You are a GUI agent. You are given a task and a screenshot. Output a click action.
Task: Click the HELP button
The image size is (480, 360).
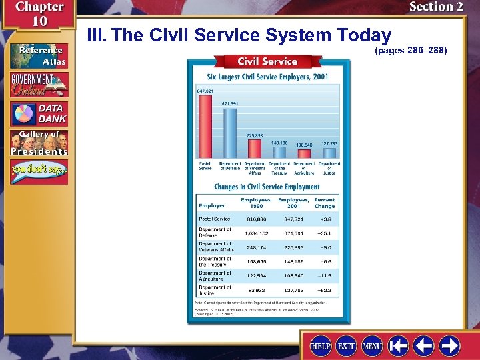tap(322, 345)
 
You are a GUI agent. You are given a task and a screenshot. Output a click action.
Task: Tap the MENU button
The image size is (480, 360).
tap(372, 345)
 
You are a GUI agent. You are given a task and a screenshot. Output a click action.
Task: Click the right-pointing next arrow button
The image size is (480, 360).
tap(449, 345)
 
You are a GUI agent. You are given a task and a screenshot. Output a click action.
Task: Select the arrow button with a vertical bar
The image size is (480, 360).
tap(399, 345)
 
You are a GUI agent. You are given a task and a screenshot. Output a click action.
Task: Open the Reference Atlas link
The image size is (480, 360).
tap(39, 56)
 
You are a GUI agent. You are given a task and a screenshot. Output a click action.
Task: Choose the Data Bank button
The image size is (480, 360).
tap(39, 113)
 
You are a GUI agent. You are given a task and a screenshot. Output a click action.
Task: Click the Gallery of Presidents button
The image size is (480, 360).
tap(39, 143)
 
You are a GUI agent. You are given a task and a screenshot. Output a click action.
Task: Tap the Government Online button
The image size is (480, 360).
tap(39, 85)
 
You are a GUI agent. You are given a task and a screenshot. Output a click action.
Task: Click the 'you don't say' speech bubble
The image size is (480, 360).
tap(39, 172)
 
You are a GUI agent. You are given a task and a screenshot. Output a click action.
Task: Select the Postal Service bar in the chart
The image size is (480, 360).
tap(205, 127)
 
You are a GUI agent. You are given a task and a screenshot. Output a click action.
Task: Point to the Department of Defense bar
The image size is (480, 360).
tap(229, 133)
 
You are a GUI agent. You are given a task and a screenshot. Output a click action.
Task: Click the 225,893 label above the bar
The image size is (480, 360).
tap(254, 135)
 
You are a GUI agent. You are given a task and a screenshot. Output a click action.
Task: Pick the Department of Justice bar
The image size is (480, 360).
tap(329, 153)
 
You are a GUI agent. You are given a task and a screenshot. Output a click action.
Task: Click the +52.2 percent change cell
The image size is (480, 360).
tap(325, 291)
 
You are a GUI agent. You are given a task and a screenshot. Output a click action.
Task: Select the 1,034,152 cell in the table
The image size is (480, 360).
tap(256, 233)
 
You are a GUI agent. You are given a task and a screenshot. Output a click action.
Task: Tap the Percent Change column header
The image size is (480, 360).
tap(325, 203)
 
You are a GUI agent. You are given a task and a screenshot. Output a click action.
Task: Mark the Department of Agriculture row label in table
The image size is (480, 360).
tap(215, 276)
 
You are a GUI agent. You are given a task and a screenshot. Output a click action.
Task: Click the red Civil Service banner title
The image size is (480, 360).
tap(268, 61)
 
